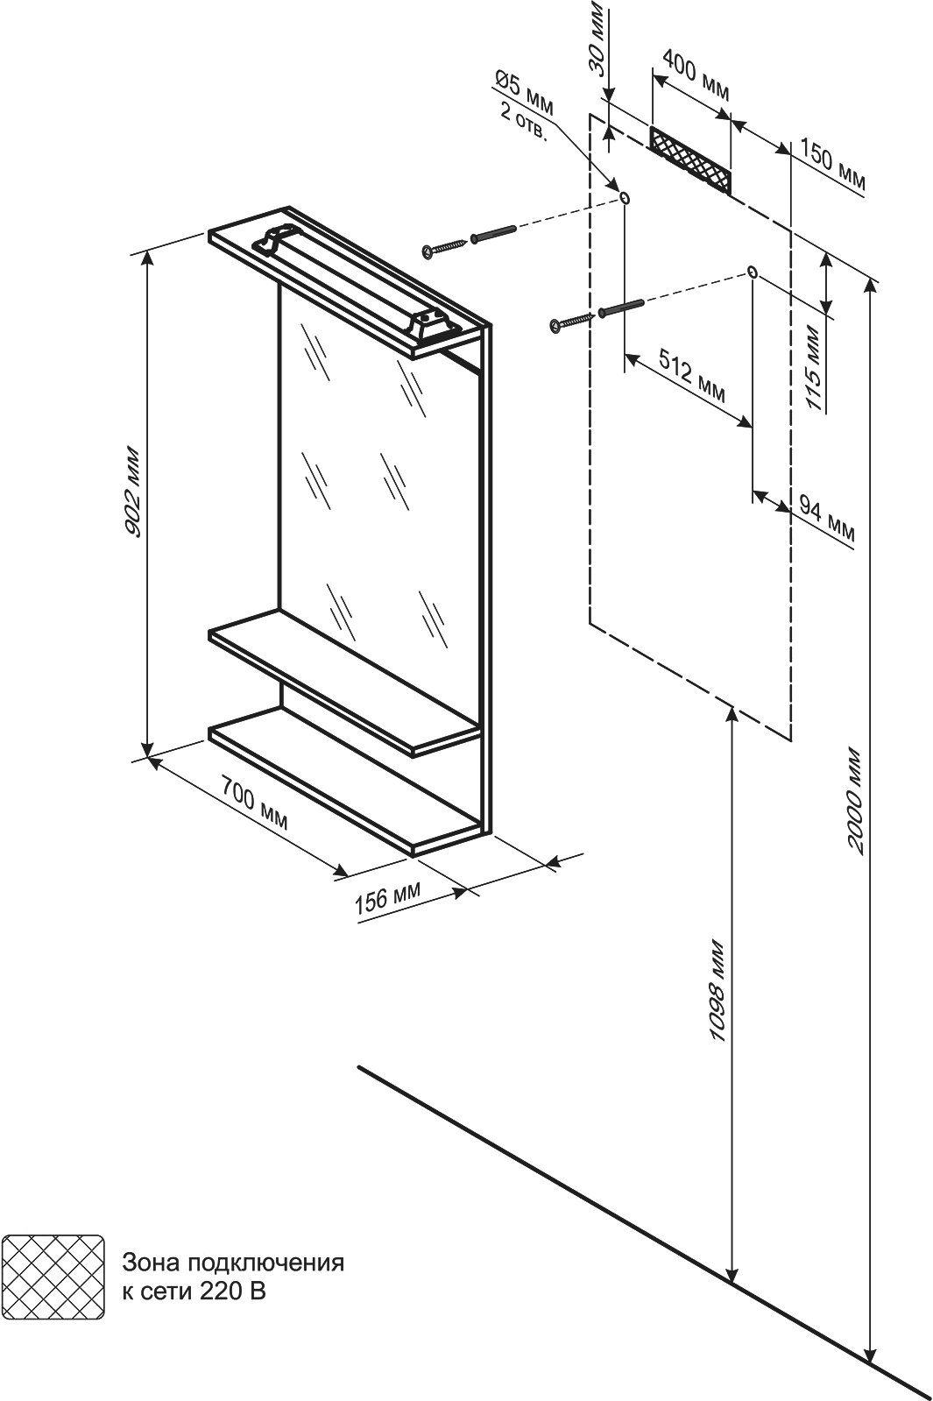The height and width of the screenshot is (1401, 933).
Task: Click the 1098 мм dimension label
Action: pyautogui.click(x=718, y=991)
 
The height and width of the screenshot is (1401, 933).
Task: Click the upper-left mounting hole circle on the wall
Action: pyautogui.click(x=624, y=198)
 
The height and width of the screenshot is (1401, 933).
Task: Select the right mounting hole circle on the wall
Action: pyautogui.click(x=753, y=272)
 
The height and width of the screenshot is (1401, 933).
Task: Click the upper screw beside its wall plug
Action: pyautogui.click(x=446, y=248)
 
